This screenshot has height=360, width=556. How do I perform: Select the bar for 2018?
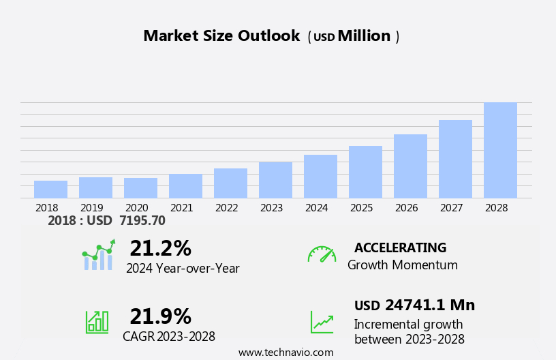pos(50,190)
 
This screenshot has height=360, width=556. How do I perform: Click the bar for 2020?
pos(140,188)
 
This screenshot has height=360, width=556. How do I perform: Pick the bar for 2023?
pos(275,180)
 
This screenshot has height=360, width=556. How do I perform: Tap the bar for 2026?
pos(410,166)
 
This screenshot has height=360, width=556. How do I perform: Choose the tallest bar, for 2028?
pos(500,151)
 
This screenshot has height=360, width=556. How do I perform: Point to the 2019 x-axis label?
pos(91,208)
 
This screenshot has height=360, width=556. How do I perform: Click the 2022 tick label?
pos(226,208)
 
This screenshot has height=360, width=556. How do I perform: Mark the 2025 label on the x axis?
pos(361,208)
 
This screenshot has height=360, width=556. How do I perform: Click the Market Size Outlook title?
pos(221,36)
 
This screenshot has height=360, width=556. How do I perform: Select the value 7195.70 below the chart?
pos(142,220)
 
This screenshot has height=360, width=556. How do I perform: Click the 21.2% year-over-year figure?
pos(160,248)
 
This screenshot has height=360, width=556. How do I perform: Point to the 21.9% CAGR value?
pos(160,316)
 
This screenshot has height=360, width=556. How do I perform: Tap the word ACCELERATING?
pos(400,247)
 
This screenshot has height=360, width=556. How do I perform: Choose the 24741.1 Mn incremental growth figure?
pos(429,305)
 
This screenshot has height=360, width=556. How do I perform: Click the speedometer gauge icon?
pos(321,254)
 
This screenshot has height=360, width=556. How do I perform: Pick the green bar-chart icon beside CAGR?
pos(97,322)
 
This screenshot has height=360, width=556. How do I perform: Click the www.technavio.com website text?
pos(285,352)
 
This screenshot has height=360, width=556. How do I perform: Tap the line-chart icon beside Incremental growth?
pos(322,322)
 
